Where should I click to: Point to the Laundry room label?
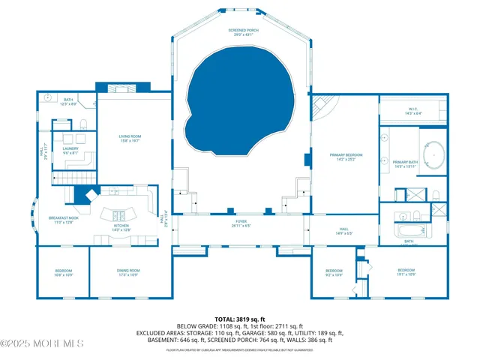(70, 150)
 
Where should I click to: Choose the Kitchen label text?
(121, 226)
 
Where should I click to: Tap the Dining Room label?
(129, 271)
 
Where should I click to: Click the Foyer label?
(241, 223)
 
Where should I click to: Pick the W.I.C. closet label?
(414, 111)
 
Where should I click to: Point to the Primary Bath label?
(405, 164)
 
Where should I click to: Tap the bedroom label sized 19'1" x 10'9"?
(406, 271)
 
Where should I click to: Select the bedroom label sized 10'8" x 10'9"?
(64, 272)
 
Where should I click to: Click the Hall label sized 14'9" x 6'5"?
(343, 231)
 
